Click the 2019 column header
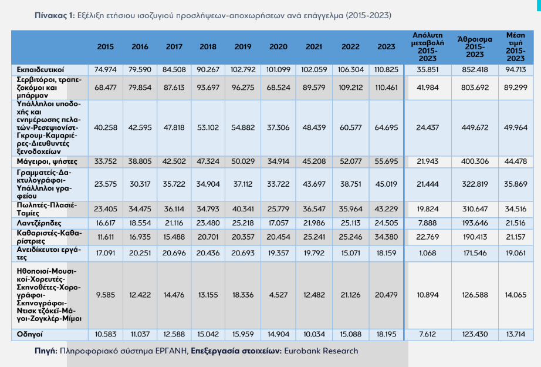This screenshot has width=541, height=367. tap(242, 46)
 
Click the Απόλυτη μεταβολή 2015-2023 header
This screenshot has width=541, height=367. tap(427, 46)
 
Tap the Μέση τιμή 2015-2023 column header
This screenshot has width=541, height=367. tap(516, 46)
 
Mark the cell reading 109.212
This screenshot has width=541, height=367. tap(350, 87)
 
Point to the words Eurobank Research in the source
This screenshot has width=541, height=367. tap(321, 351)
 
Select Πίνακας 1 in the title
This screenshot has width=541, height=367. tap(55, 15)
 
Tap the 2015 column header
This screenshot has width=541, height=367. tap(106, 46)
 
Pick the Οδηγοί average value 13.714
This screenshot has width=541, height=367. tap(516, 334)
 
